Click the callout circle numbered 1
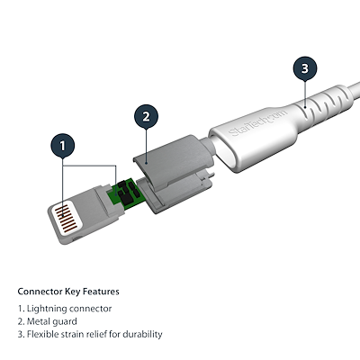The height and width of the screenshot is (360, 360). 62,144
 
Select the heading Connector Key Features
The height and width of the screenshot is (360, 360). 68,292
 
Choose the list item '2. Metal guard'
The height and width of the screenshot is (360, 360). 48,321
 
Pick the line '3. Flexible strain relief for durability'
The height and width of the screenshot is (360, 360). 90,335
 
